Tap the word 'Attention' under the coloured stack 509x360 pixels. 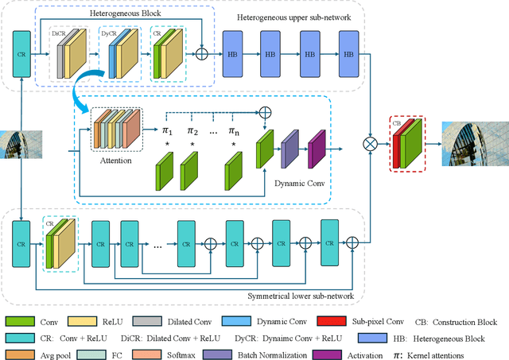[116, 160]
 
